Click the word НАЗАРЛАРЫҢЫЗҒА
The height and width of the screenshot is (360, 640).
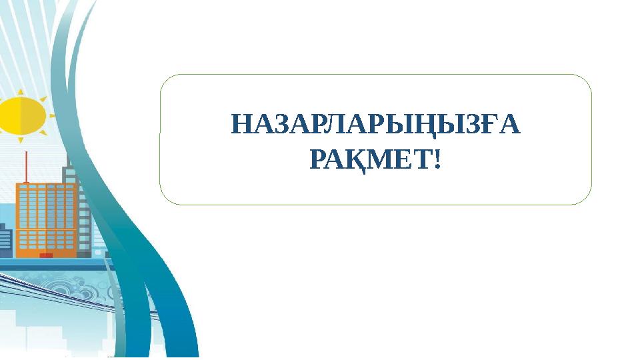[375, 125]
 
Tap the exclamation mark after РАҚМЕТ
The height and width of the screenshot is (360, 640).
[437, 159]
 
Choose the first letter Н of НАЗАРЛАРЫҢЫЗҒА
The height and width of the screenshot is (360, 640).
[241, 125]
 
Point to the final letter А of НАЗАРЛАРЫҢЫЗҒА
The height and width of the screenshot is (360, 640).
[509, 125]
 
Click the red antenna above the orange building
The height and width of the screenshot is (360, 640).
[26, 167]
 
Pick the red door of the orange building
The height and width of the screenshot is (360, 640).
[46, 255]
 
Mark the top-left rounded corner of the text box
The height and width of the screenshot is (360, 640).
[166, 80]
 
